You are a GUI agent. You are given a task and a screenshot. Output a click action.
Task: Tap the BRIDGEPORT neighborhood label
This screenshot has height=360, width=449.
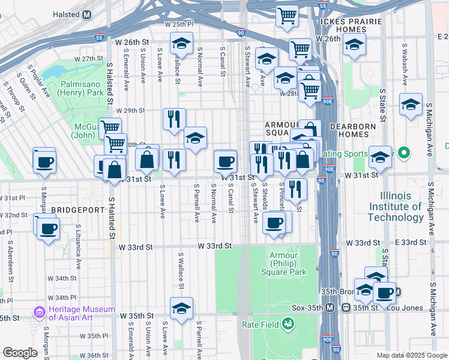[x=78, y=210]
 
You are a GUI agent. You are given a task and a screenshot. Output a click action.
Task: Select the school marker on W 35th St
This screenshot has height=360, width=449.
[x=181, y=308]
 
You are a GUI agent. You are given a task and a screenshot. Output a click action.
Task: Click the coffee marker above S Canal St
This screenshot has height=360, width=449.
[x=226, y=161]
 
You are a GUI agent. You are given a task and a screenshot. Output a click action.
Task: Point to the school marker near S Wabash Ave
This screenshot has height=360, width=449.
[x=411, y=105]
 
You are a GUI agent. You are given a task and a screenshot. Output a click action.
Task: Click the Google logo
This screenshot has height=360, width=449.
[x=20, y=353]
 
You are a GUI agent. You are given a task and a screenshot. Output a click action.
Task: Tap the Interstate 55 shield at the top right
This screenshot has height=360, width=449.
[x=322, y=6]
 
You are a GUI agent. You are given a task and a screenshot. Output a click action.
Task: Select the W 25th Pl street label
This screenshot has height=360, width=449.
[x=179, y=25]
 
